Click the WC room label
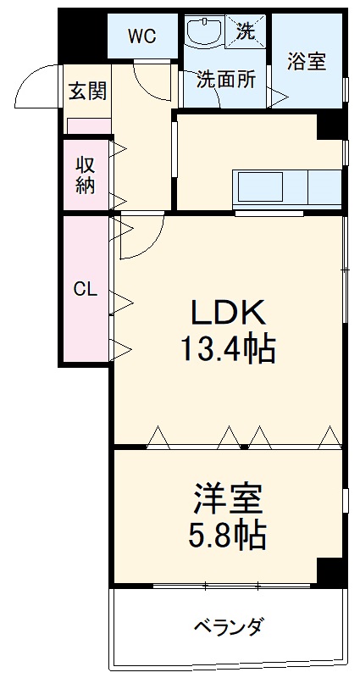click(x=141, y=36)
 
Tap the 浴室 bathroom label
click(x=307, y=62)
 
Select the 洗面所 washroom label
click(x=225, y=81)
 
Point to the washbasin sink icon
click(x=205, y=34)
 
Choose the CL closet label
click(x=85, y=289)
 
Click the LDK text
click(x=228, y=314)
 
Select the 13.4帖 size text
click(x=228, y=347)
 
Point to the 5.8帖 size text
click(x=228, y=536)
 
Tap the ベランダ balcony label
click(x=228, y=628)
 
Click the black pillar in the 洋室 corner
click(x=331, y=572)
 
